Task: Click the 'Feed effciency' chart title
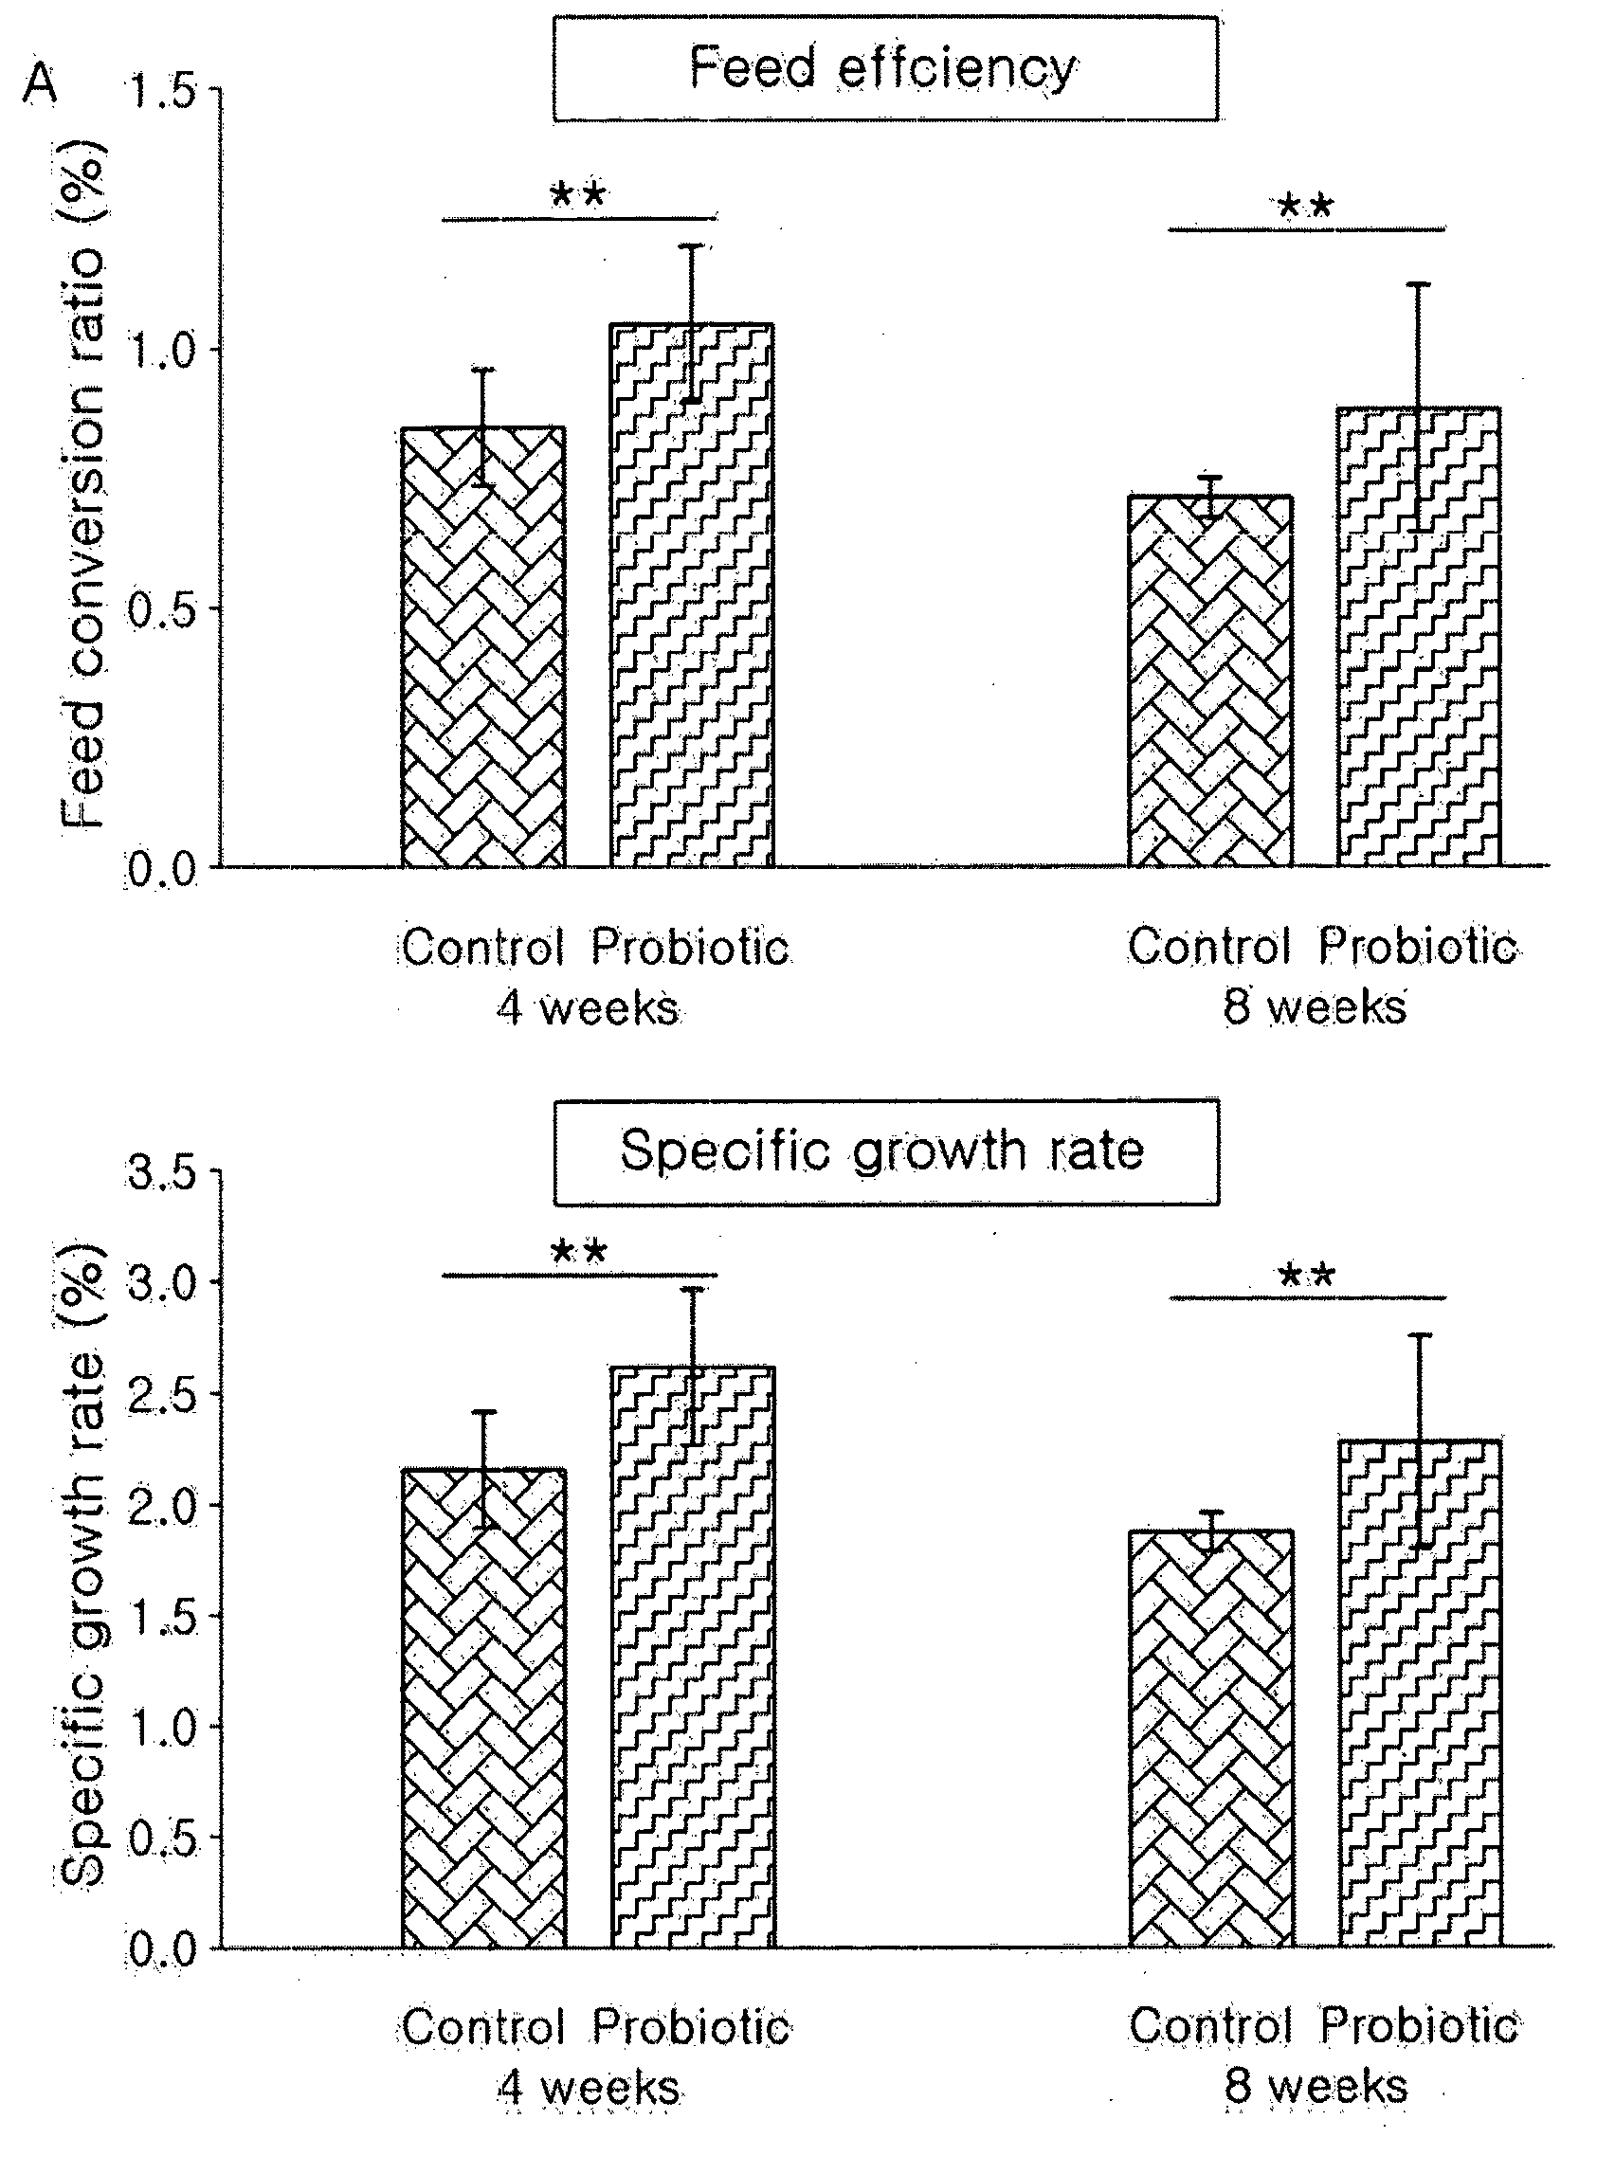click(881, 67)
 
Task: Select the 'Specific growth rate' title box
click(885, 1150)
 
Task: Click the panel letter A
click(41, 84)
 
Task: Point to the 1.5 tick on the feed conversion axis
click(161, 93)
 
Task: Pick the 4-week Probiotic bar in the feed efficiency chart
click(692, 594)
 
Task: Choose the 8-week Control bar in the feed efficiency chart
click(1210, 680)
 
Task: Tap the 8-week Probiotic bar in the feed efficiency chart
click(1419, 636)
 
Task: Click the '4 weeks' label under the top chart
click(587, 1009)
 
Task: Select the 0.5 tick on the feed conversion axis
click(161, 610)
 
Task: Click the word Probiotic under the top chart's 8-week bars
click(1418, 947)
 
